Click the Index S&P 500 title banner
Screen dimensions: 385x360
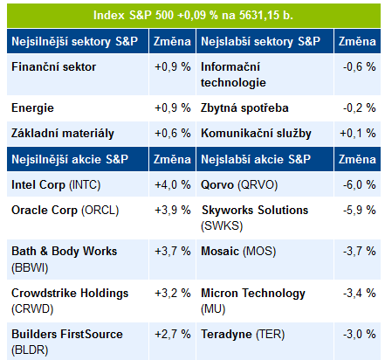pyautogui.click(x=194, y=16)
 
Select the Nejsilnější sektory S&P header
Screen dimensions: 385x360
pyautogui.click(x=74, y=41)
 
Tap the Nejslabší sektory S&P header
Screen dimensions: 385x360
pyautogui.click(x=260, y=41)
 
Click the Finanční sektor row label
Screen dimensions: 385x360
pyautogui.click(x=53, y=67)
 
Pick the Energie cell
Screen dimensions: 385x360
pyautogui.click(x=32, y=108)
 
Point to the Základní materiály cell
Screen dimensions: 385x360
pyautogui.click(x=63, y=134)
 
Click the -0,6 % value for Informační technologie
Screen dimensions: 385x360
pyautogui.click(x=359, y=67)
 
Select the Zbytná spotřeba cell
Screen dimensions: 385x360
pyautogui.click(x=244, y=108)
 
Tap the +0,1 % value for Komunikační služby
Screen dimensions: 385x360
pyautogui.click(x=358, y=134)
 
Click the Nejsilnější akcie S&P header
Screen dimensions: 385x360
pyautogui.click(x=70, y=159)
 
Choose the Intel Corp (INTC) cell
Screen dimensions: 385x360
pyautogui.click(x=56, y=185)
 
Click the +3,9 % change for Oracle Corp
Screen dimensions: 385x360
pyautogui.click(x=173, y=210)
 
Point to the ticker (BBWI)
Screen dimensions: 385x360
pyautogui.click(x=30, y=267)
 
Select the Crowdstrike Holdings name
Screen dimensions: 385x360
pyautogui.click(x=70, y=293)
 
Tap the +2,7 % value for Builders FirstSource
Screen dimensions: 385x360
pyautogui.click(x=173, y=334)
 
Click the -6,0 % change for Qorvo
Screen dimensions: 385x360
pyautogui.click(x=359, y=185)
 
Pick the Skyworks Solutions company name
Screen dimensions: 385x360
pyautogui.click(x=255, y=210)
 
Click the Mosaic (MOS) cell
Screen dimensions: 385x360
pyautogui.click(x=238, y=252)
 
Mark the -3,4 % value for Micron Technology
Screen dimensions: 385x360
pyautogui.click(x=359, y=293)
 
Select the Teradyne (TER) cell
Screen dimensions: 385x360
pyautogui.click(x=243, y=335)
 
